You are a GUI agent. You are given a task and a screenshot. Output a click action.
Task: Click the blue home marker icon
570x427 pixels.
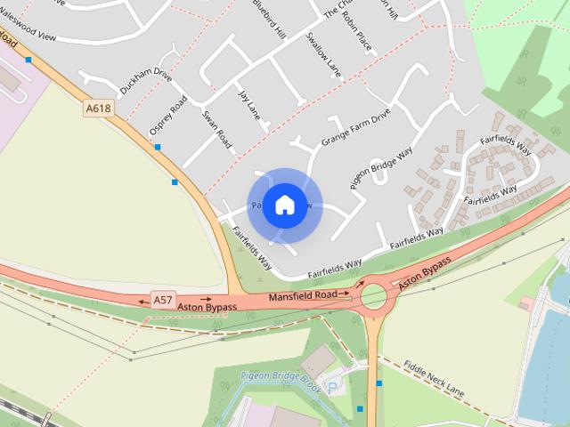[x=284, y=205]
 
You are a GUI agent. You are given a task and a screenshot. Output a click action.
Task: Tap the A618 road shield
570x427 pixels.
[x=99, y=109]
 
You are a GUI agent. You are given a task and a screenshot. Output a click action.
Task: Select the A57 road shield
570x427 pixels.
[x=162, y=300]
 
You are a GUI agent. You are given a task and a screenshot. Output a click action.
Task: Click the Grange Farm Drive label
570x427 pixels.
[x=356, y=128]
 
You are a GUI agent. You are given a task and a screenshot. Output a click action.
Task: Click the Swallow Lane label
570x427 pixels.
[x=322, y=53]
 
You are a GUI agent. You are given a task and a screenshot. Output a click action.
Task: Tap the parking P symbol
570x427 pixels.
[x=333, y=387]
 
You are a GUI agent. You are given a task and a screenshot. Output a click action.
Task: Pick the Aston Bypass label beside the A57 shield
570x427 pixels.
[x=207, y=307]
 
